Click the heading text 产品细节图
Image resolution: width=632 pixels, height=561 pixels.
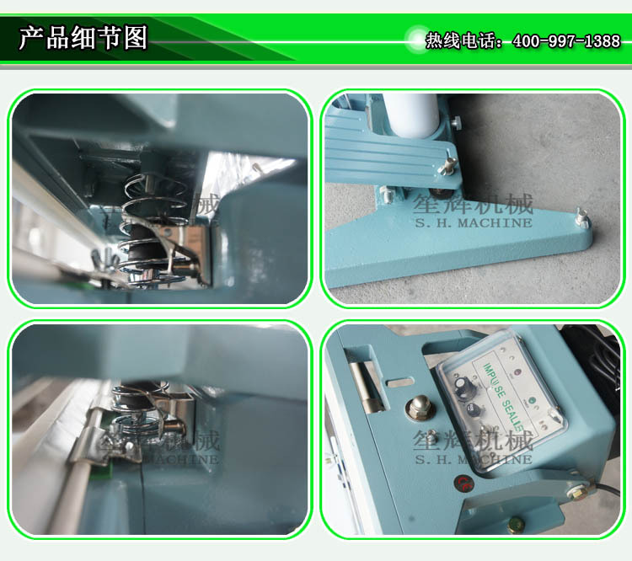(x=83, y=38)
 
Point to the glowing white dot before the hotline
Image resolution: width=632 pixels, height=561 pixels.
(x=415, y=39)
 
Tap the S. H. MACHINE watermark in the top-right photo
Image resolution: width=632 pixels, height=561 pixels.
(x=473, y=223)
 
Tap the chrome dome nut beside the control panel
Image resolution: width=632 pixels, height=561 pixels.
(x=416, y=406)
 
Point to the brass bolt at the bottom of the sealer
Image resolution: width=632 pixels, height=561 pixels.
(x=512, y=525)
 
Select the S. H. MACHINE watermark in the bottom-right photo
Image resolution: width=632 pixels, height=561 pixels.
(x=473, y=460)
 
